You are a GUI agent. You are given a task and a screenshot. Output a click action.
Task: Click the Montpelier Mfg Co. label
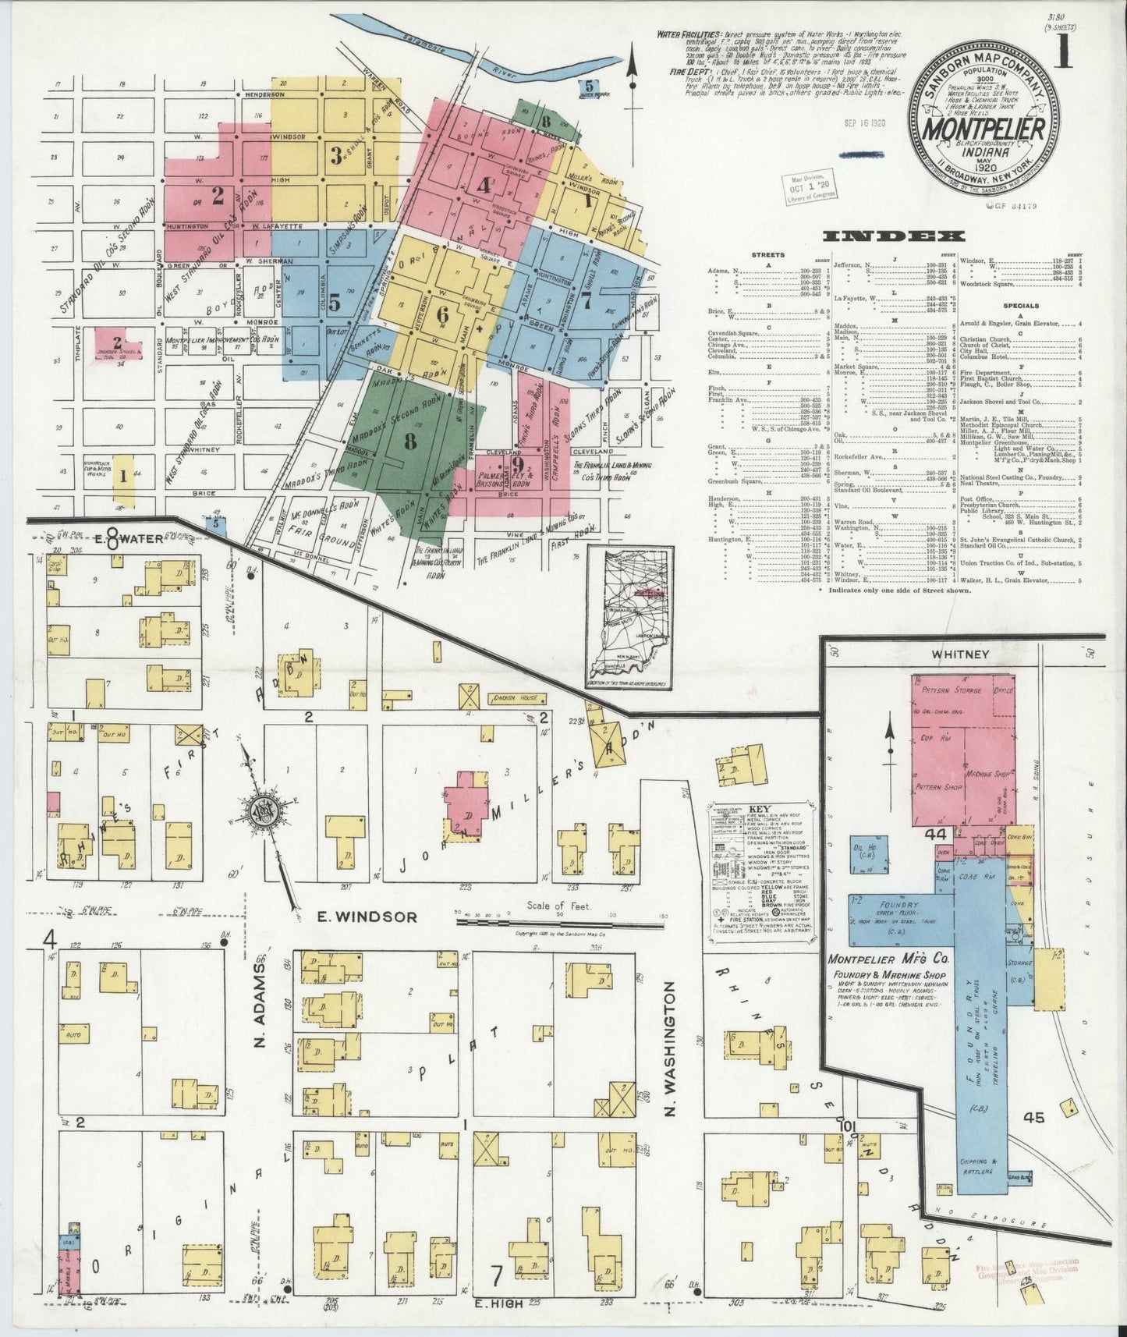[887, 959]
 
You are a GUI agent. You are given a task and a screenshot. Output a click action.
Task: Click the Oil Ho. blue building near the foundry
[865, 849]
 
